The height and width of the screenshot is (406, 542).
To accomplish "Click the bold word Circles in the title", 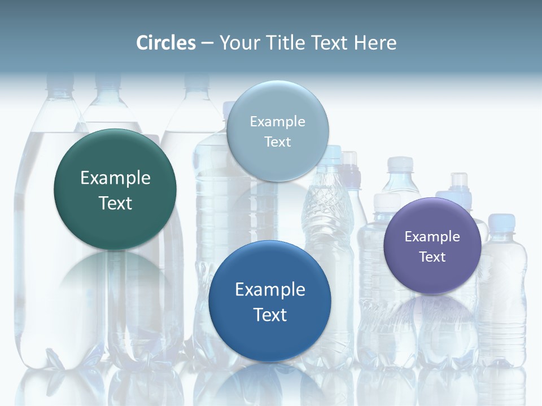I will [x=166, y=43].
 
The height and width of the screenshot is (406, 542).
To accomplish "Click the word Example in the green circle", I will [x=115, y=178].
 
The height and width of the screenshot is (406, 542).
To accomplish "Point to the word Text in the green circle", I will [x=115, y=203].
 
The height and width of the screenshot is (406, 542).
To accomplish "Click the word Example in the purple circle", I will [x=432, y=237].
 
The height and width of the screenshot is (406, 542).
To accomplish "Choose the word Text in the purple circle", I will [x=432, y=257].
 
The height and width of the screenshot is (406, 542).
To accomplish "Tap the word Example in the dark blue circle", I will [x=270, y=290].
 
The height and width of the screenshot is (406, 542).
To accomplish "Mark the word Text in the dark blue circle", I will [x=270, y=315].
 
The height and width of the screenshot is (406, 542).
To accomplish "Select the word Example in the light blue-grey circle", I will [x=277, y=122].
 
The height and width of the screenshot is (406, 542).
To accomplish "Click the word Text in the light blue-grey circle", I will [x=277, y=142].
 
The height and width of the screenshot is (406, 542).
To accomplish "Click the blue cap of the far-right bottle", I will [x=499, y=221].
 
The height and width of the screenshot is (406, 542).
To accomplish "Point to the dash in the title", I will [x=207, y=43].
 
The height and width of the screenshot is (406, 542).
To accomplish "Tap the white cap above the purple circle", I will [x=400, y=164].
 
